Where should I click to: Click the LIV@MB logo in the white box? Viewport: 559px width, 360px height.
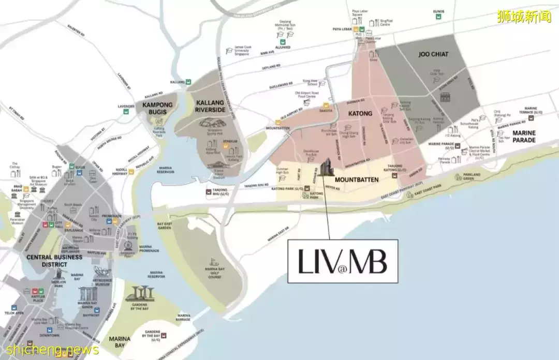tap(342, 262)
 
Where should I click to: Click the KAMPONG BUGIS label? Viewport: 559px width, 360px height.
tap(157, 108)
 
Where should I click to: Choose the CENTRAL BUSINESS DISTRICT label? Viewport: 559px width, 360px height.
tap(47, 260)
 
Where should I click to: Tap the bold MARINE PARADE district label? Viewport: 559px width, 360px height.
tap(524, 136)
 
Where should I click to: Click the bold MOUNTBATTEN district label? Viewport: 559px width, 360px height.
tap(357, 179)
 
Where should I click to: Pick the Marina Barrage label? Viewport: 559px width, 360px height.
tap(184, 317)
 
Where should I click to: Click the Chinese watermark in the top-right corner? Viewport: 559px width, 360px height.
tap(524, 17)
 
